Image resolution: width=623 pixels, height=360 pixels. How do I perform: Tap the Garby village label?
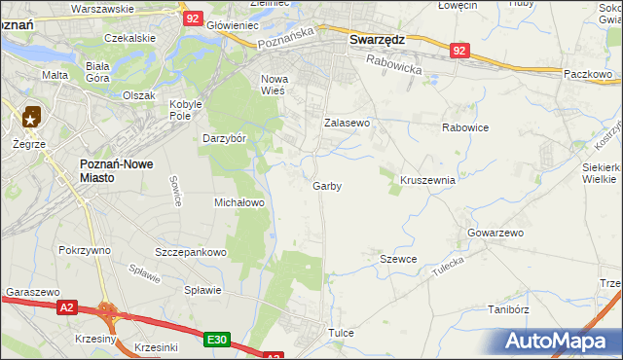click(327, 185)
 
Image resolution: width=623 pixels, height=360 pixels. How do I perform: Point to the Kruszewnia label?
click(428, 180)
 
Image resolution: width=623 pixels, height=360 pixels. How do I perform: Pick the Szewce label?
click(398, 259)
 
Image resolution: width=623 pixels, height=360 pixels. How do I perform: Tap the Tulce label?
click(341, 333)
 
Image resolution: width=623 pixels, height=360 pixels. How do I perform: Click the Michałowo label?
click(239, 202)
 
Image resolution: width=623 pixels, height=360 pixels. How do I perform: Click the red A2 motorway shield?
click(65, 307)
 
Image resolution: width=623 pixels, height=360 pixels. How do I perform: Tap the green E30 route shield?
click(217, 340)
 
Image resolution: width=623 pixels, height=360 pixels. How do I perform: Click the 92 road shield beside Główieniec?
click(193, 18)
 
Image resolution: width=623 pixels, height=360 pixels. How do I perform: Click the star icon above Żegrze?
click(31, 119)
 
